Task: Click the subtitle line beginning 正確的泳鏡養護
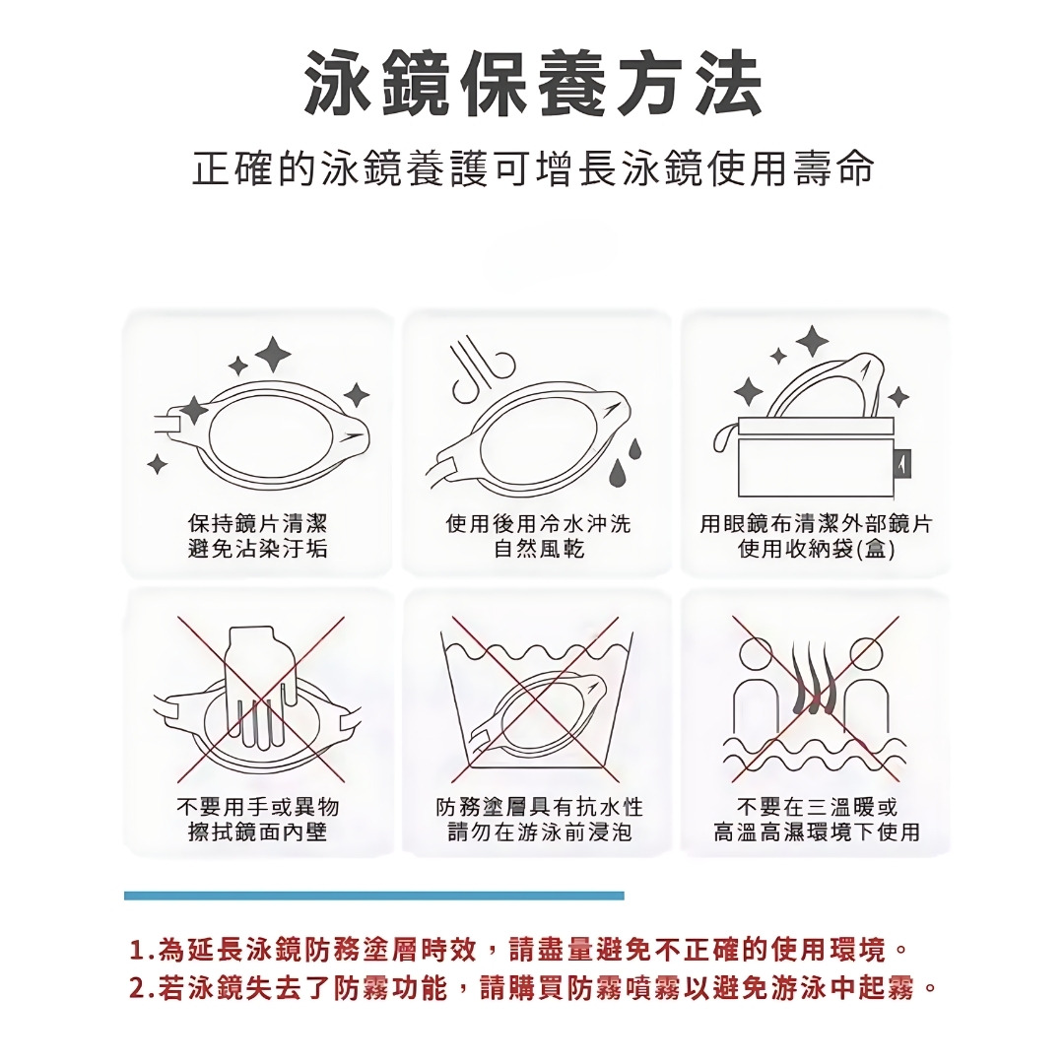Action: pyautogui.click(x=533, y=168)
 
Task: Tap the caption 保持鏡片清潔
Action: pyautogui.click(x=257, y=523)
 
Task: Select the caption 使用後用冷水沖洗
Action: pyautogui.click(x=538, y=523)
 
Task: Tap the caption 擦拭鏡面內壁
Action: pyautogui.click(x=257, y=831)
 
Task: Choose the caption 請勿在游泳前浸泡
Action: pyautogui.click(x=539, y=831)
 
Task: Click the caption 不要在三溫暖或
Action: pyautogui.click(x=817, y=807)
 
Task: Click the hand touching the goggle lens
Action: pyautogui.click(x=261, y=686)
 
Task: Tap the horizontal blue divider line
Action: pyautogui.click(x=374, y=896)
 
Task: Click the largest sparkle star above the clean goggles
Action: pyautogui.click(x=273, y=355)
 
